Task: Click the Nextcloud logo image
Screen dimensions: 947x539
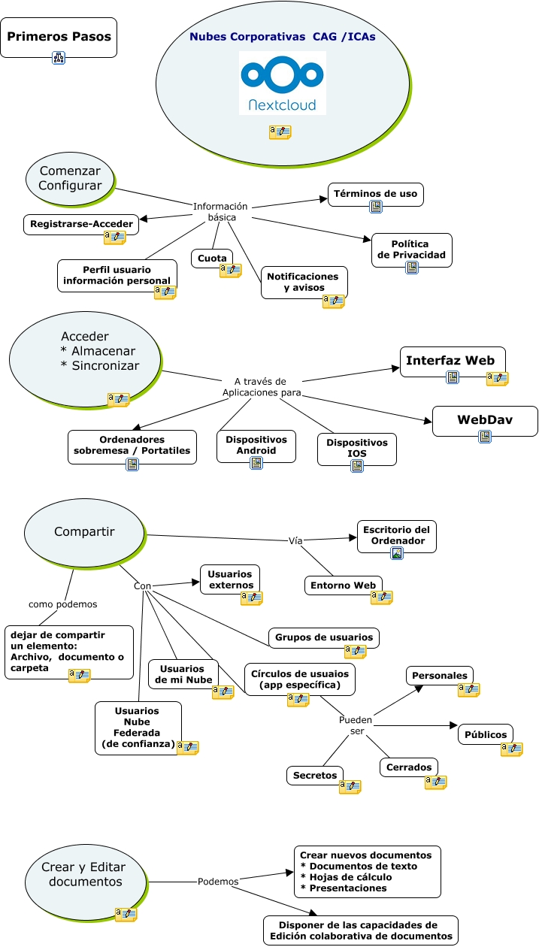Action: point(283,83)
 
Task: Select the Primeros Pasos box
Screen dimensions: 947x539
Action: point(59,37)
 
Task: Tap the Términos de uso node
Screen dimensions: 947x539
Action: point(376,194)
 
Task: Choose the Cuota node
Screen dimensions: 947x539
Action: point(212,259)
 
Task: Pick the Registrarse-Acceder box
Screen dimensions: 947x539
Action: point(81,224)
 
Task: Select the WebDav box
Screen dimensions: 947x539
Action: point(485,420)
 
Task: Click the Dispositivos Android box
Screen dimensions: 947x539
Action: point(256,445)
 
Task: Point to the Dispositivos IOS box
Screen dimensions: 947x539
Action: point(356,448)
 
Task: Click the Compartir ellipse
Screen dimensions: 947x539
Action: point(84,532)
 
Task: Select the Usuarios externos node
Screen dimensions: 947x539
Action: point(230,579)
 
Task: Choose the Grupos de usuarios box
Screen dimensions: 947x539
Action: point(324,637)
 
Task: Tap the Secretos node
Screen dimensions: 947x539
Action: point(315,775)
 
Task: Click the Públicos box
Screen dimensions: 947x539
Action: point(485,734)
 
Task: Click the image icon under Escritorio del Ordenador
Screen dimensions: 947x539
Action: point(397,553)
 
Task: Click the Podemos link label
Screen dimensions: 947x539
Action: point(218,882)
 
